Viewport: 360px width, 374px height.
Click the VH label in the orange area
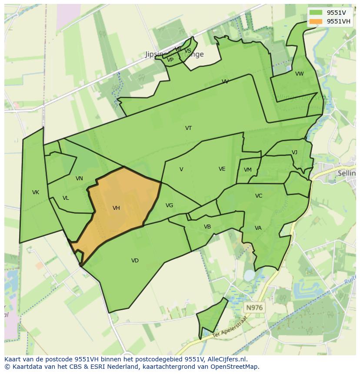click(116, 208)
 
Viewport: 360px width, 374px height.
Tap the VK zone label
click(36, 192)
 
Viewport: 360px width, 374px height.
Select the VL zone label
click(66, 198)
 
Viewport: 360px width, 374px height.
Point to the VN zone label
click(79, 179)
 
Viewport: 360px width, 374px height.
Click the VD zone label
click(135, 261)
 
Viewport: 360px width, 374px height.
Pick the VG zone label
click(169, 205)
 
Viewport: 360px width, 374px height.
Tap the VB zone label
click(207, 227)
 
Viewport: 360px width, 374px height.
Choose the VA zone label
click(258, 228)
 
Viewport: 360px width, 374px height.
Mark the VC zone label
click(259, 196)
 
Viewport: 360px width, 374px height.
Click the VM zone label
click(247, 170)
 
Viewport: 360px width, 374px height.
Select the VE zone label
click(222, 169)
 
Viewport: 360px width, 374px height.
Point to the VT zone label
click(188, 128)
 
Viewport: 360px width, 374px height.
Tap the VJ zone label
click(294, 152)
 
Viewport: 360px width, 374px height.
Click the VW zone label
click(300, 74)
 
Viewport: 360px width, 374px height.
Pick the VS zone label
click(188, 51)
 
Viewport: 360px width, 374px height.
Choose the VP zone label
click(170, 60)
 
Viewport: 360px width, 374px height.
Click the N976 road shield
click(254, 308)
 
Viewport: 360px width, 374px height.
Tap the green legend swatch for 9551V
click(316, 12)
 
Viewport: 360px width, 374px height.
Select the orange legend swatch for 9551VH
click(316, 22)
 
